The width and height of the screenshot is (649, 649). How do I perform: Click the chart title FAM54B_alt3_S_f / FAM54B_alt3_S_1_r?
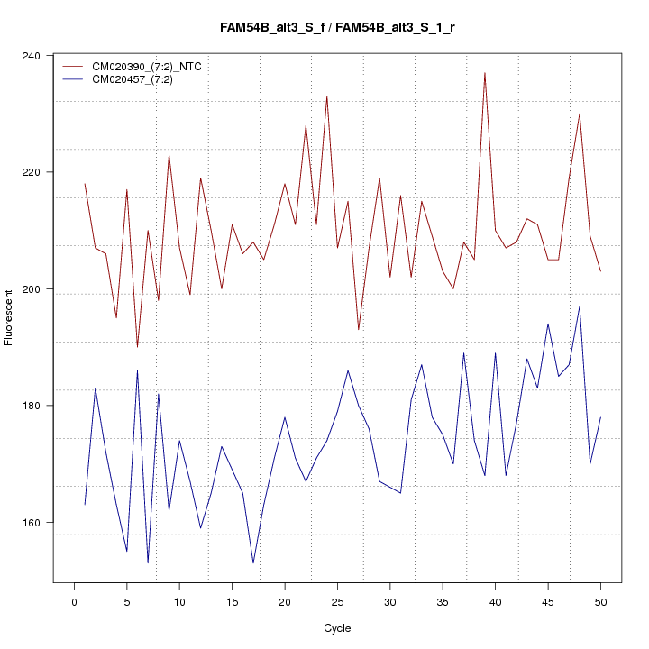pyautogui.click(x=337, y=28)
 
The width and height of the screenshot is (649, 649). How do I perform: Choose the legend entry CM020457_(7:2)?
pyautogui.click(x=139, y=79)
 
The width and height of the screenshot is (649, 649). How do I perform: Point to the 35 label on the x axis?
pyautogui.click(x=443, y=601)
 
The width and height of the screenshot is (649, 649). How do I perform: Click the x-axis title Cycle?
pyautogui.click(x=337, y=628)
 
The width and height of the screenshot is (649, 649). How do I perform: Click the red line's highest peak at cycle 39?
pyautogui.click(x=485, y=73)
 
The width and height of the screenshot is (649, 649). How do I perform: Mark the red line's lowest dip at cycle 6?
pyautogui.click(x=137, y=347)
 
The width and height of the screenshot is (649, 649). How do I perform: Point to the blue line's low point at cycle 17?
pyautogui.click(x=253, y=563)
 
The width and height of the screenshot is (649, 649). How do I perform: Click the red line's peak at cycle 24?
pyautogui.click(x=326, y=96)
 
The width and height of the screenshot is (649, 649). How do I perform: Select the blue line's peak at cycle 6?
pyautogui.click(x=137, y=370)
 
